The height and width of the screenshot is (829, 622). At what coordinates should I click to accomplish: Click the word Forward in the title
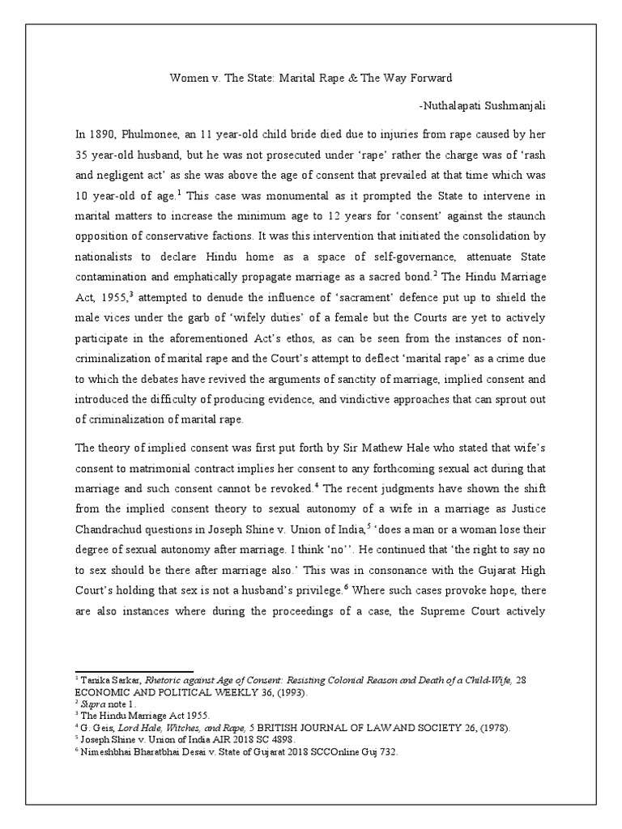(x=428, y=78)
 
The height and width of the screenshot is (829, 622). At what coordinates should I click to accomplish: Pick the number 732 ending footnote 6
(x=389, y=752)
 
